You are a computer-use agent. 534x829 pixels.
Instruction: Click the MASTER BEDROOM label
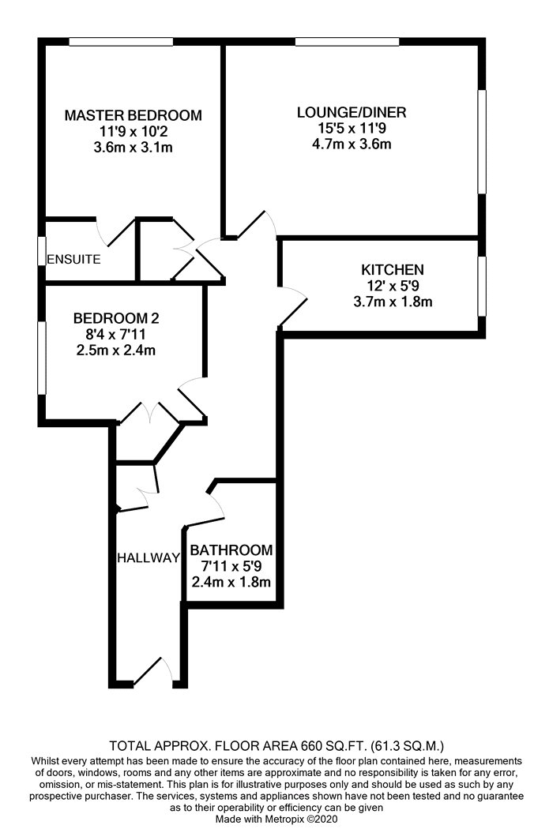pyautogui.click(x=133, y=115)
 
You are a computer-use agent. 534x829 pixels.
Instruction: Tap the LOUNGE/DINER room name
pyautogui.click(x=352, y=112)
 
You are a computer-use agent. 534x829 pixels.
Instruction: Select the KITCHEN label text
pyautogui.click(x=392, y=270)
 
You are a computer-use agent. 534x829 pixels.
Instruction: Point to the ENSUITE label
pyautogui.click(x=73, y=259)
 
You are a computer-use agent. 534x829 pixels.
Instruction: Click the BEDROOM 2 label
pyautogui.click(x=116, y=318)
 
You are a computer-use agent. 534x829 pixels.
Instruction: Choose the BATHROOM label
pyautogui.click(x=231, y=550)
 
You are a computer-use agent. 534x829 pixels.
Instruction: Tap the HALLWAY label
pyautogui.click(x=149, y=557)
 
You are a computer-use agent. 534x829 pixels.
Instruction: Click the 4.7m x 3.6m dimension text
pyautogui.click(x=352, y=144)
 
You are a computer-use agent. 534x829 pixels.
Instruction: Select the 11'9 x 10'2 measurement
pyautogui.click(x=133, y=131)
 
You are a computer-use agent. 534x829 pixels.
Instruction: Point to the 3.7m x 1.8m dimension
pyautogui.click(x=392, y=302)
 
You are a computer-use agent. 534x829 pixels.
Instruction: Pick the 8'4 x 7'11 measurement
pyautogui.click(x=116, y=334)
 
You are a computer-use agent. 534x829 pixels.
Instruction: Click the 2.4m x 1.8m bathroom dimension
pyautogui.click(x=231, y=582)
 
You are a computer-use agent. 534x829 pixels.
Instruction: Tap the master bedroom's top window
pyautogui.click(x=121, y=42)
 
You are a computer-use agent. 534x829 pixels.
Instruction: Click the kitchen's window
pyautogui.click(x=482, y=287)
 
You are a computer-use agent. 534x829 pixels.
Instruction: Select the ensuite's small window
pyautogui.click(x=41, y=250)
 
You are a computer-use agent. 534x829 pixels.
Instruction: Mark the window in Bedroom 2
pyautogui.click(x=41, y=358)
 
